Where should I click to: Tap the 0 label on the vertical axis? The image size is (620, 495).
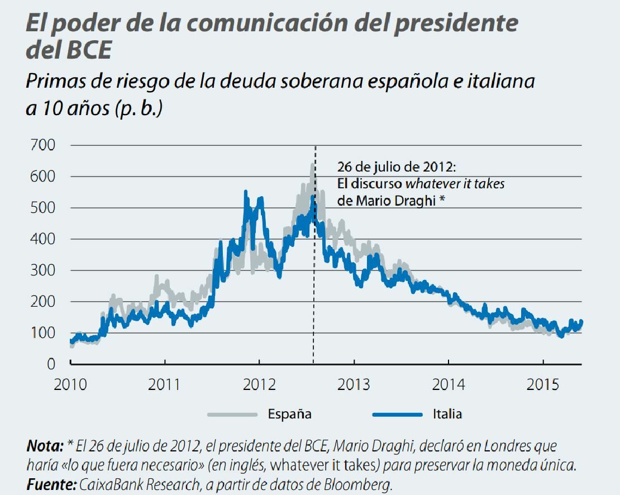51,364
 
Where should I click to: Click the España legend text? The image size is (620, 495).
289,414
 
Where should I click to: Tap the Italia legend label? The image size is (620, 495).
447,414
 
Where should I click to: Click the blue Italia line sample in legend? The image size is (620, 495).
397,414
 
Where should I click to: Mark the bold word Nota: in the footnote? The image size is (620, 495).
45,446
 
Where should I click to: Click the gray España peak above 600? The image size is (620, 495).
312,165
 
